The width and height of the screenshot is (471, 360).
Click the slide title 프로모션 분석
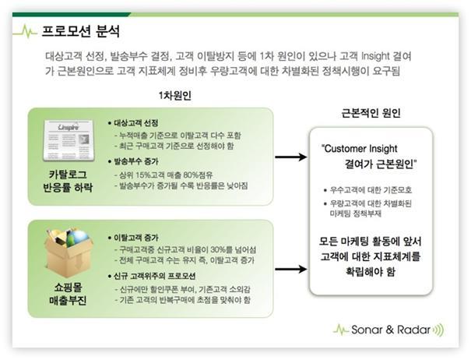tap(80, 31)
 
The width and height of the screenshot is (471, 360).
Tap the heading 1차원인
tap(175, 96)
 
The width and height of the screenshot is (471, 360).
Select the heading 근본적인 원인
tap(371, 113)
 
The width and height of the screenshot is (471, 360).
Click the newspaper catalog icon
tap(69, 140)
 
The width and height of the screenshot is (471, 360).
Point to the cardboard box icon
tap(68, 253)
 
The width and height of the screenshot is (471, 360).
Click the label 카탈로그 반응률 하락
tap(68, 181)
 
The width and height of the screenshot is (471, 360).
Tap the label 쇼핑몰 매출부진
tap(68, 294)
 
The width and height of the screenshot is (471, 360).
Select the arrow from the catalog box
tap(290, 157)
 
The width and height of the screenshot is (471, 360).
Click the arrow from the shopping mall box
tap(290, 269)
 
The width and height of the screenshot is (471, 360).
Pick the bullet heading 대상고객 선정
tap(133, 123)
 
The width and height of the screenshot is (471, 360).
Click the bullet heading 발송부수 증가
tap(133, 161)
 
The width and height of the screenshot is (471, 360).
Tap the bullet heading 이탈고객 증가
tap(133, 238)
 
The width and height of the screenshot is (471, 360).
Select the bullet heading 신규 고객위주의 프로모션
tap(152, 276)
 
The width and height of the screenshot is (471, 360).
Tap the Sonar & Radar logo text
tap(391, 330)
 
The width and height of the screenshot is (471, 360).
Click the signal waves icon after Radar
tap(438, 330)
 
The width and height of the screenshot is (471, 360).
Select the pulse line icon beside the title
tap(25, 31)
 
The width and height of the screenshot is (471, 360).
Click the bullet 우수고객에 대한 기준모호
tap(368, 190)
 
